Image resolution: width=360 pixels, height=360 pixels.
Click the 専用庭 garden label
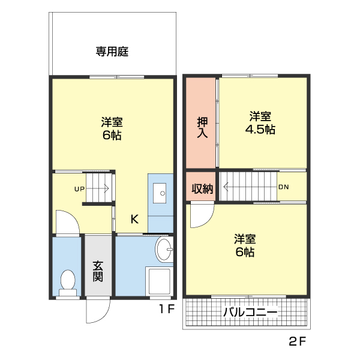point(112,52)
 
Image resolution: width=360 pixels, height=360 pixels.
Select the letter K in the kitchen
point(134,219)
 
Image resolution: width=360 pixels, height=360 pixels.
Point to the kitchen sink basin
point(160,193)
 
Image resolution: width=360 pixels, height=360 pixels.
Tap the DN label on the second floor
point(283,187)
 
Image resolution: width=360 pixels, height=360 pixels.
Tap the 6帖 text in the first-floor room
point(112,135)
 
